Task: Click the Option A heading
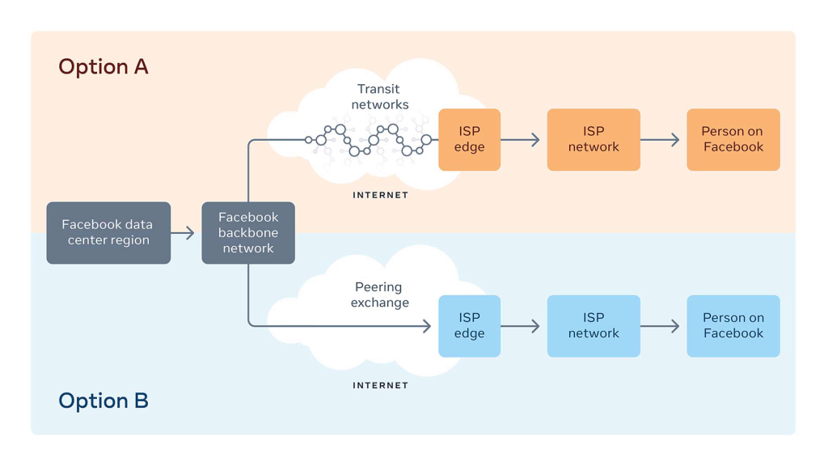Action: [103, 67]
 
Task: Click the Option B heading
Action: [103, 400]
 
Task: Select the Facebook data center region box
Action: [109, 232]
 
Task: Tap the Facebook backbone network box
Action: [248, 232]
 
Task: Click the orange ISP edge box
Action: [470, 139]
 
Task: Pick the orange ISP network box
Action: [594, 139]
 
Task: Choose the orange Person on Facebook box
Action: [733, 139]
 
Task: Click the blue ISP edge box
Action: [470, 326]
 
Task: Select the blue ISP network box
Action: [594, 326]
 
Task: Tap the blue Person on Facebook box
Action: [733, 326]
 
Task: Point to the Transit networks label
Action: [380, 97]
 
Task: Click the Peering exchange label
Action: [380, 294]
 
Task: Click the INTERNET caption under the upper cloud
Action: [380, 195]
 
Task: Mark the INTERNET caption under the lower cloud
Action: [380, 385]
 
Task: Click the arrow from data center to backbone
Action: [183, 232]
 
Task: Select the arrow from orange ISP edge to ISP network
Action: [520, 139]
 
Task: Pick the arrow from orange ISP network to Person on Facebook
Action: [660, 139]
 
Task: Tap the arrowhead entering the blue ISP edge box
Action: [427, 326]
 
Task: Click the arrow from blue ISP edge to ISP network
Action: [520, 326]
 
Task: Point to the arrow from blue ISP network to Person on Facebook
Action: [660, 326]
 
